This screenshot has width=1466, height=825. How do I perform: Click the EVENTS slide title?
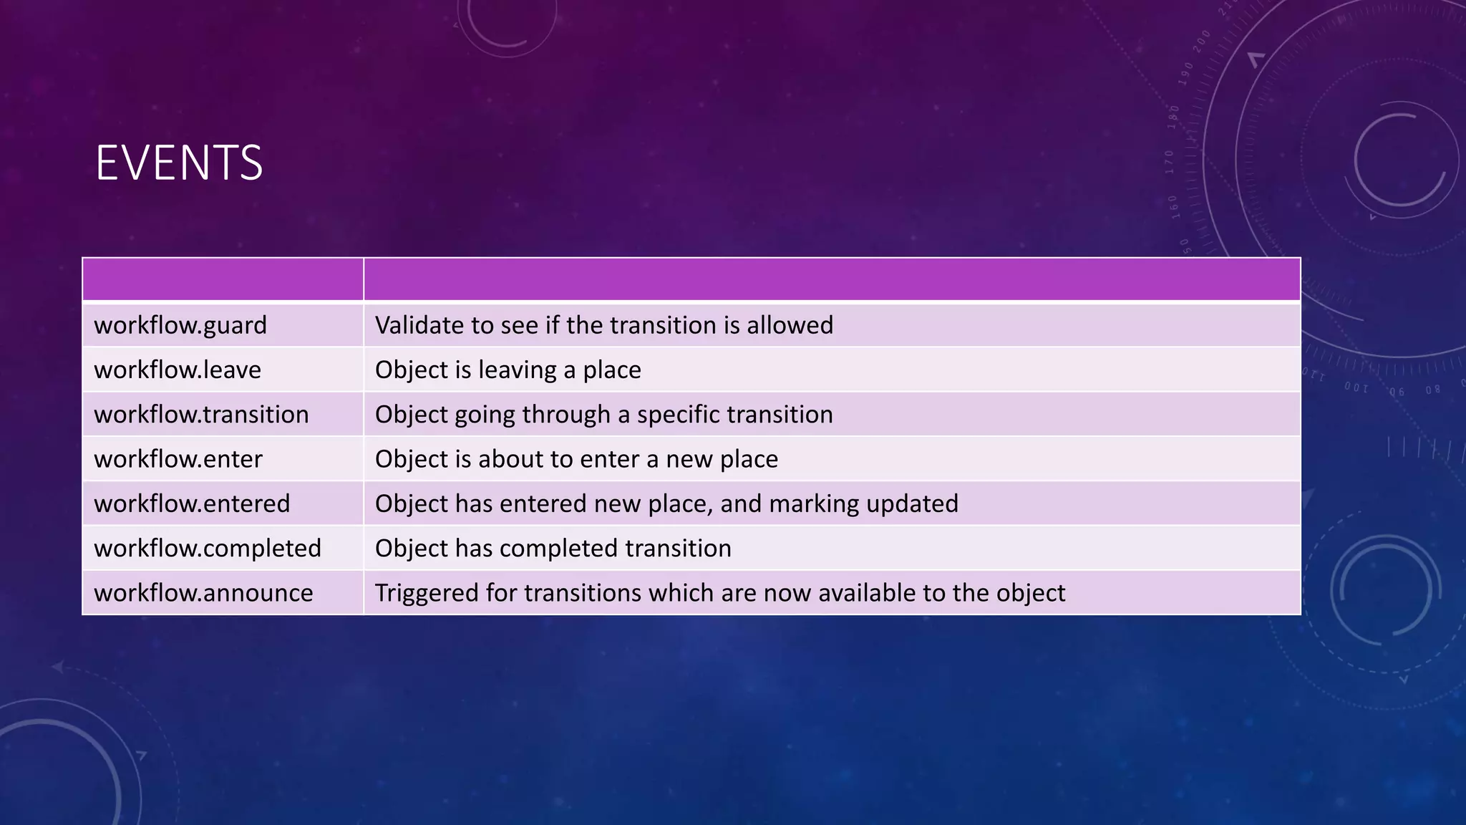[x=179, y=163]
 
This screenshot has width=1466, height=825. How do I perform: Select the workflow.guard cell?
[x=180, y=326]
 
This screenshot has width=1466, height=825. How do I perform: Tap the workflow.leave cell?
[x=178, y=370]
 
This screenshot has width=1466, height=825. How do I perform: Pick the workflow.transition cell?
[x=201, y=415]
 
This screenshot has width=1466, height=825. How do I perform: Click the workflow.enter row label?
[x=178, y=459]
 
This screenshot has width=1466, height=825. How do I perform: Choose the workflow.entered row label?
[x=192, y=503]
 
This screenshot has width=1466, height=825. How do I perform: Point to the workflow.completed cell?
[x=208, y=549]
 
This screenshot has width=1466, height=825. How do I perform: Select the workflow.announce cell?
[x=203, y=593]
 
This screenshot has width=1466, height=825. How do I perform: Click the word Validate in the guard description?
[x=419, y=326]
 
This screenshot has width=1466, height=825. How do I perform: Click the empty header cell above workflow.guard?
[x=223, y=279]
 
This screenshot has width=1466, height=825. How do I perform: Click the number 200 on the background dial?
[x=1202, y=41]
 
